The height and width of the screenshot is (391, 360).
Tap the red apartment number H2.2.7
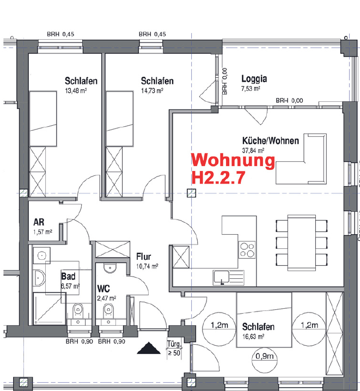tap(218, 178)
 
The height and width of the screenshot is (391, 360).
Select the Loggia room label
tap(253, 78)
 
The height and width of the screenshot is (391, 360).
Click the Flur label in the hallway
tap(144, 257)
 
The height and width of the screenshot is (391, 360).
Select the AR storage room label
tap(39, 223)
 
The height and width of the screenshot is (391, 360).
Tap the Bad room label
tap(68, 277)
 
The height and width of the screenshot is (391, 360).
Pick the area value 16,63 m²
tap(253, 337)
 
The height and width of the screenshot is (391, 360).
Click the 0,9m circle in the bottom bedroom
tap(264, 357)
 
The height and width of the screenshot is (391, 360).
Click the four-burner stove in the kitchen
tap(248, 250)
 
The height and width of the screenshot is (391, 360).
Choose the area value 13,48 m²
tap(76, 91)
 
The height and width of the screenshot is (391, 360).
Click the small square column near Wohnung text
tap(191, 193)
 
